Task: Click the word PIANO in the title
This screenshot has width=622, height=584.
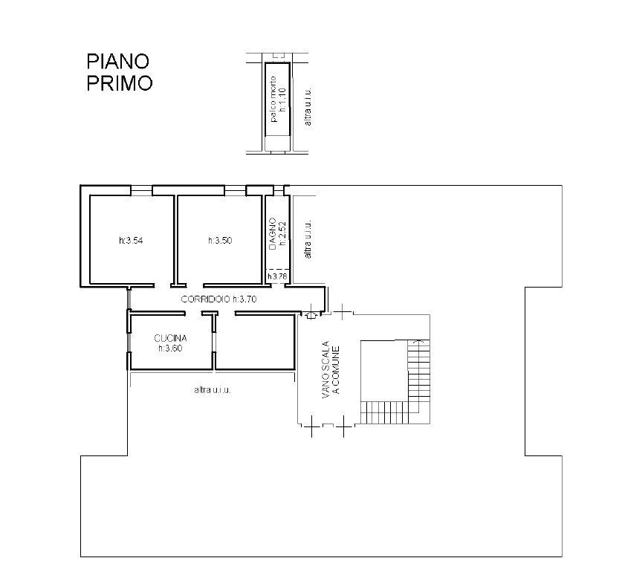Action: pos(119,60)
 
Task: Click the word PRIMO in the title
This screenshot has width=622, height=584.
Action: pos(119,82)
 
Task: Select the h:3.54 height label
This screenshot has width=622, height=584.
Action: pos(131,241)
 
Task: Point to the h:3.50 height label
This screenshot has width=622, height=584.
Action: pos(220,241)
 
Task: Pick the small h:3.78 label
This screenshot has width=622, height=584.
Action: pos(277,277)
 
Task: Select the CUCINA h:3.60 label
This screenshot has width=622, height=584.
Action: pos(169,343)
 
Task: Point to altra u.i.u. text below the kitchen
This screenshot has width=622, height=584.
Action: pos(213,389)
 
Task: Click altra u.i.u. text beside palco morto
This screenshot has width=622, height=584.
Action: pos(308,106)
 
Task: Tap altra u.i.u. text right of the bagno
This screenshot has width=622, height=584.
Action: pos(307,239)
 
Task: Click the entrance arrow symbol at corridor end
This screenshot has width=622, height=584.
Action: pos(311,315)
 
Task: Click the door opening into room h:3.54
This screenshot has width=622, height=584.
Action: pos(141,287)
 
